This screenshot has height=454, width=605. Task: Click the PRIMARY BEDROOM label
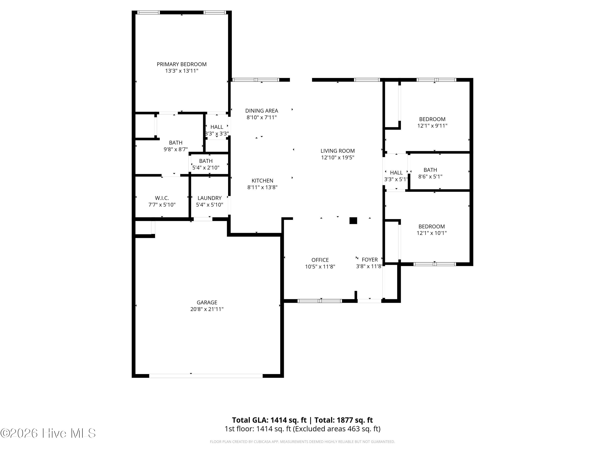(182, 64)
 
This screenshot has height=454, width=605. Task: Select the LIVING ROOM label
(338, 151)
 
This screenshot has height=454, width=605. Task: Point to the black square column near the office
(353, 221)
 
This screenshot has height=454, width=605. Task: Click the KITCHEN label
(262, 181)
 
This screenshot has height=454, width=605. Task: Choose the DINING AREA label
(262, 111)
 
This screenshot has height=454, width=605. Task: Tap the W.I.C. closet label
(162, 198)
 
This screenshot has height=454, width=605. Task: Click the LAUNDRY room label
(210, 198)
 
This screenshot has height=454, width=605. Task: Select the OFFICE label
(320, 260)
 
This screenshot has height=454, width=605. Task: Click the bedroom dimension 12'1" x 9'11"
(432, 126)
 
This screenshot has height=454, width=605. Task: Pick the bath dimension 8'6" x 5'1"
(430, 177)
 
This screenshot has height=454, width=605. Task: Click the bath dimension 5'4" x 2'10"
(206, 168)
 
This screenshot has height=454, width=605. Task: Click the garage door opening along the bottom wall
(206, 376)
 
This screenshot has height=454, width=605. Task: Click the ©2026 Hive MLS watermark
(48, 433)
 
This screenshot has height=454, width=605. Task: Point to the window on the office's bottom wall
(320, 301)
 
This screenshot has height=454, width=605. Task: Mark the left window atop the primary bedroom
(148, 12)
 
